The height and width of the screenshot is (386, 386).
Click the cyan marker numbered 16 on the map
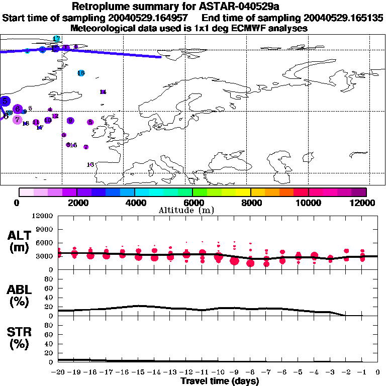pos(81,73)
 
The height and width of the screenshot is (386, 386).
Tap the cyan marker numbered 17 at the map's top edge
pos(57,39)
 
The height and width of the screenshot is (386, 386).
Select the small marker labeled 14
pos(103,92)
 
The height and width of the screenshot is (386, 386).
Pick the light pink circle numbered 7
pos(18,120)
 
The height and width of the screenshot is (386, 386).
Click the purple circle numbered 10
pos(48,120)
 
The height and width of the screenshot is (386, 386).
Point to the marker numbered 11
pos(36,122)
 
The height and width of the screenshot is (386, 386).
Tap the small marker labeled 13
pos(26,124)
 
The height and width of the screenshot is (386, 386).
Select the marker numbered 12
pos(55,116)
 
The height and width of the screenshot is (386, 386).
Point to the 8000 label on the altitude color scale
pos(250,203)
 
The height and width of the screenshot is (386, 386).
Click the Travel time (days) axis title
pos(220,381)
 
